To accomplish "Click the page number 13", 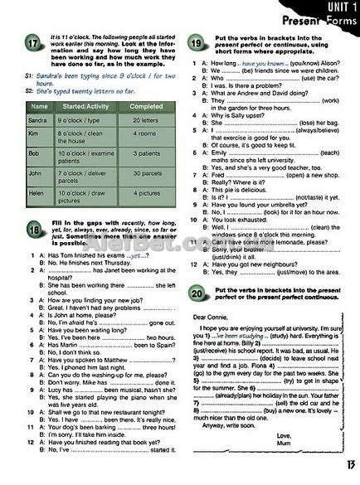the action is pos(341,473).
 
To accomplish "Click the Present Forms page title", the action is pos(310,22).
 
